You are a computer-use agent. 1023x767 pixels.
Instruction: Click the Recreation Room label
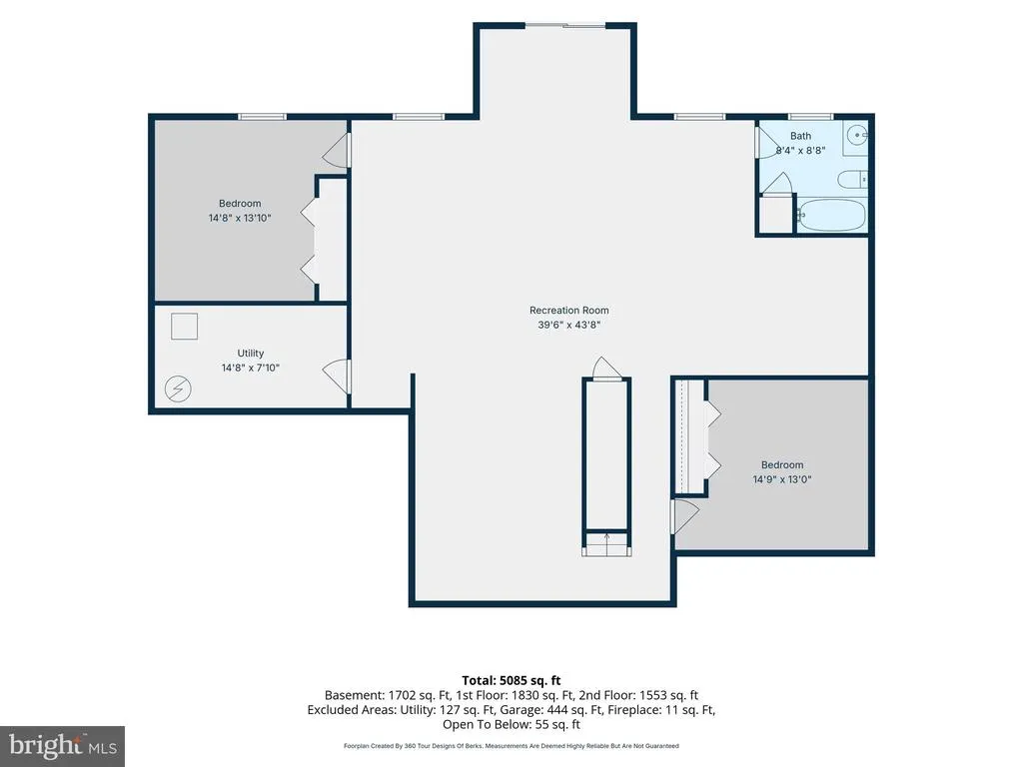[x=568, y=311]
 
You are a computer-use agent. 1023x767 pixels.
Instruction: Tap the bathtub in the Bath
[x=832, y=215]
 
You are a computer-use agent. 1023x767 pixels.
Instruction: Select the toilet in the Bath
[x=853, y=179]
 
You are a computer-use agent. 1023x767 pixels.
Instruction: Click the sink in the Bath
[x=856, y=136]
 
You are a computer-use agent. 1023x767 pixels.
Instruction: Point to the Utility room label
[x=251, y=353]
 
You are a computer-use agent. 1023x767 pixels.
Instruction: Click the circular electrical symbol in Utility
[x=178, y=388]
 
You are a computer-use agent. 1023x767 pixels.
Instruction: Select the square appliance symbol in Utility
[x=184, y=327]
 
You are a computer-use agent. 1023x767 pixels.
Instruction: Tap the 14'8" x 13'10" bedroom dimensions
[x=240, y=218]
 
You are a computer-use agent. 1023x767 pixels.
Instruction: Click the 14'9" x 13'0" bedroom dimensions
[x=782, y=479]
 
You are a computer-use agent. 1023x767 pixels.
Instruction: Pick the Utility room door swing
[x=337, y=376]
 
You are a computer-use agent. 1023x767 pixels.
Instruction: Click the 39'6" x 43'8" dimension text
[x=568, y=325]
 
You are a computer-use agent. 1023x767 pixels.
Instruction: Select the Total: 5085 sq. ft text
[x=511, y=680]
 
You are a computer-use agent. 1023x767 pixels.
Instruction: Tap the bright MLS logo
[x=63, y=745]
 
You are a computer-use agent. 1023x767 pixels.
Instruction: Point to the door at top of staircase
[x=606, y=368]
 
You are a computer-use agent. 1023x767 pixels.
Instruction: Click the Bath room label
[x=800, y=136]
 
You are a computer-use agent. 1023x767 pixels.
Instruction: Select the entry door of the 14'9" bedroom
[x=685, y=516]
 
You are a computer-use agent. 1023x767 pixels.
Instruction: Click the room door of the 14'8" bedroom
[x=337, y=150]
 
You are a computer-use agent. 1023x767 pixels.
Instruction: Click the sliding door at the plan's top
[x=565, y=25]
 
